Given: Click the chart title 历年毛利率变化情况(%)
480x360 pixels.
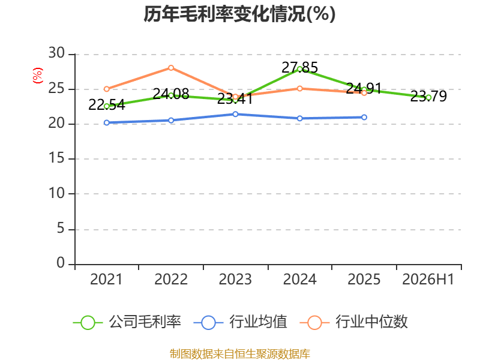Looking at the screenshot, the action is (x=239, y=14).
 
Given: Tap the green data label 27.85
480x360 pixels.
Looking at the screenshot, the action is (x=299, y=68).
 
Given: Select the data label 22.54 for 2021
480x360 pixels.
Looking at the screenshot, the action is (x=107, y=105).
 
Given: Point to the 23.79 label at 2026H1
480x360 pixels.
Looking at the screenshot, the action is (x=428, y=97).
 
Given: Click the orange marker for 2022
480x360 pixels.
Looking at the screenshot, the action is (x=171, y=68).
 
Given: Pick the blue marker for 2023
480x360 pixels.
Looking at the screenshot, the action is (x=235, y=114).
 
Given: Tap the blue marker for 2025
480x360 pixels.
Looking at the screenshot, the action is (x=364, y=117).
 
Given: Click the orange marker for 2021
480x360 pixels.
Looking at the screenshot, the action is (x=107, y=89).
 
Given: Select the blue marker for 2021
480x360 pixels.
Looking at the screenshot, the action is (x=107, y=123).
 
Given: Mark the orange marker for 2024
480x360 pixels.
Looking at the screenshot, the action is (x=299, y=88).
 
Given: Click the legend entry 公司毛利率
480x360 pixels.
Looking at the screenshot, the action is (x=127, y=322).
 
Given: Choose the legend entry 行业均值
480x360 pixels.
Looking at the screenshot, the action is (x=241, y=322).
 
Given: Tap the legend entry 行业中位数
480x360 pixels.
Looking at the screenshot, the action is (x=354, y=322).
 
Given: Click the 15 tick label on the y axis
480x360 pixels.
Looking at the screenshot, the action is (x=56, y=158).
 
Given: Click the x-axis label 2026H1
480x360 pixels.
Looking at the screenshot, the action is (x=428, y=280).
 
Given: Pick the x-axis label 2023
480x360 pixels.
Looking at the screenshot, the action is (x=235, y=280).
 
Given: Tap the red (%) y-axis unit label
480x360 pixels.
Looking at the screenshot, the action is (x=38, y=76).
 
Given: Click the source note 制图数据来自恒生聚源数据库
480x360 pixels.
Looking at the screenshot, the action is (x=240, y=354).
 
